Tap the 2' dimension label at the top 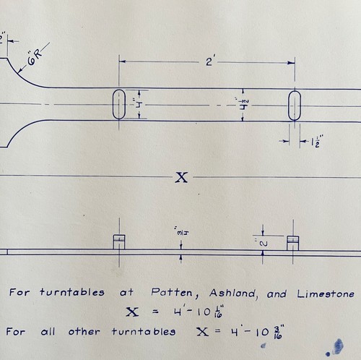[209, 61]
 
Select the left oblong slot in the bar [119, 104]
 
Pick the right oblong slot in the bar [295, 106]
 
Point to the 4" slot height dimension [140, 105]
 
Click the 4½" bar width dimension [244, 104]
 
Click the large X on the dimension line [181, 178]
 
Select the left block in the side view [119, 242]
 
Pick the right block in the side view [293, 244]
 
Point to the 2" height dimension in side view [264, 244]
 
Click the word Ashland [233, 293]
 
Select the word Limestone [326, 294]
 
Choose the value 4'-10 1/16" [199, 312]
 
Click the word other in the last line [84, 332]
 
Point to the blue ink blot [337, 346]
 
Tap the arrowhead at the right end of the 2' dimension [292, 63]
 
